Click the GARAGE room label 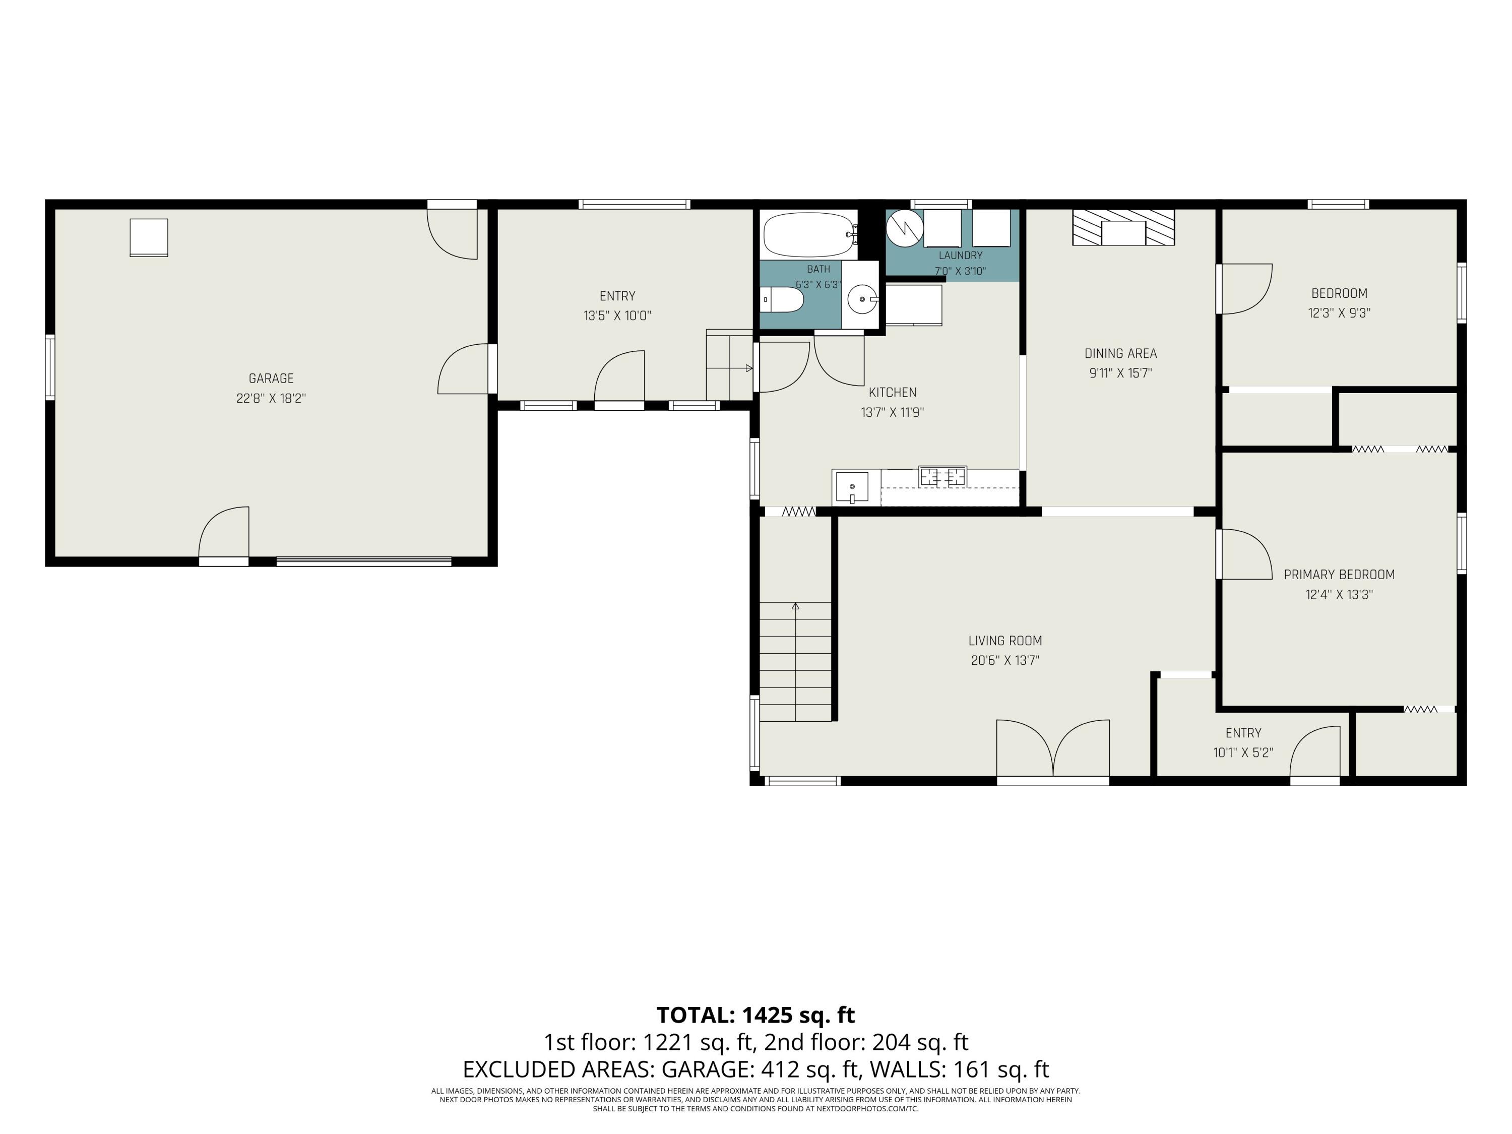[x=271, y=379]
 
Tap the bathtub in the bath [x=810, y=234]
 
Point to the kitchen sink [x=852, y=487]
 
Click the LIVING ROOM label [x=1005, y=641]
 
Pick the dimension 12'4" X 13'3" [x=1339, y=595]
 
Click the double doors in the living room [x=1053, y=748]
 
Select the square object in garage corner [x=149, y=237]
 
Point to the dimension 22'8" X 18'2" [x=271, y=399]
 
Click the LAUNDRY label [x=961, y=256]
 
